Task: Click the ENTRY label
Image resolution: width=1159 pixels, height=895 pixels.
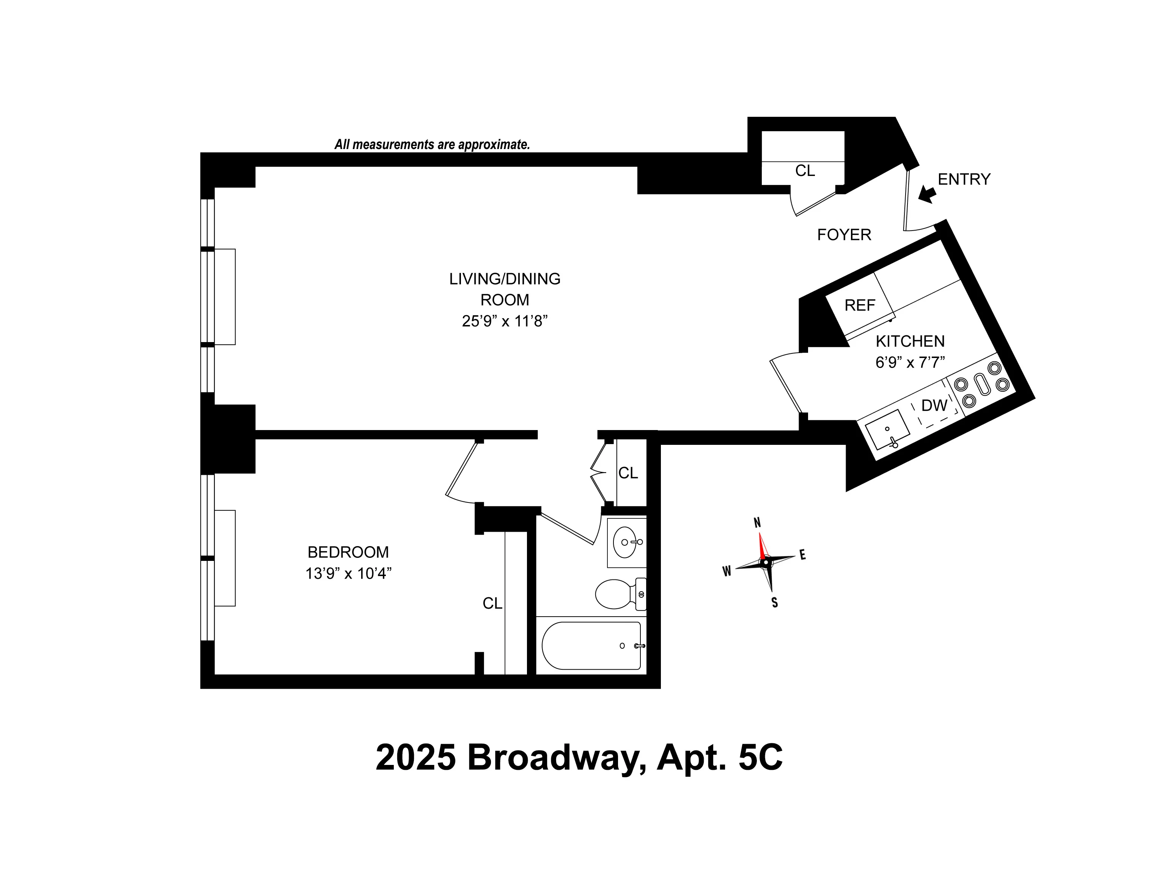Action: (964, 179)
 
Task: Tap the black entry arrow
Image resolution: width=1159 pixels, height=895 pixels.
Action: (927, 194)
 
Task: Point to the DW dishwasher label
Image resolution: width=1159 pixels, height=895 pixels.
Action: (934, 405)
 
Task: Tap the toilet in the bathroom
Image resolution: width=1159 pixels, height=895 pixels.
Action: (616, 594)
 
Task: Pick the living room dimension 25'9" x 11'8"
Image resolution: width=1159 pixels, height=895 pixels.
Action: (504, 321)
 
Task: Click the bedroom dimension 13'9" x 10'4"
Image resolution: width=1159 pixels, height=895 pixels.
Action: (348, 573)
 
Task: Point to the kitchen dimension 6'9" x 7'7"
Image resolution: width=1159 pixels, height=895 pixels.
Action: (910, 362)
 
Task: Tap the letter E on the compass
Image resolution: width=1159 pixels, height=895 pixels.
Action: (802, 555)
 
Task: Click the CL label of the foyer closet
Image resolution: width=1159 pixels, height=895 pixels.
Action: (805, 171)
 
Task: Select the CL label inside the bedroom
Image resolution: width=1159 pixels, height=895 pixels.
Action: (492, 603)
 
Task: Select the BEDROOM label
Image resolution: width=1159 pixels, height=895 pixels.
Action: (348, 552)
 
